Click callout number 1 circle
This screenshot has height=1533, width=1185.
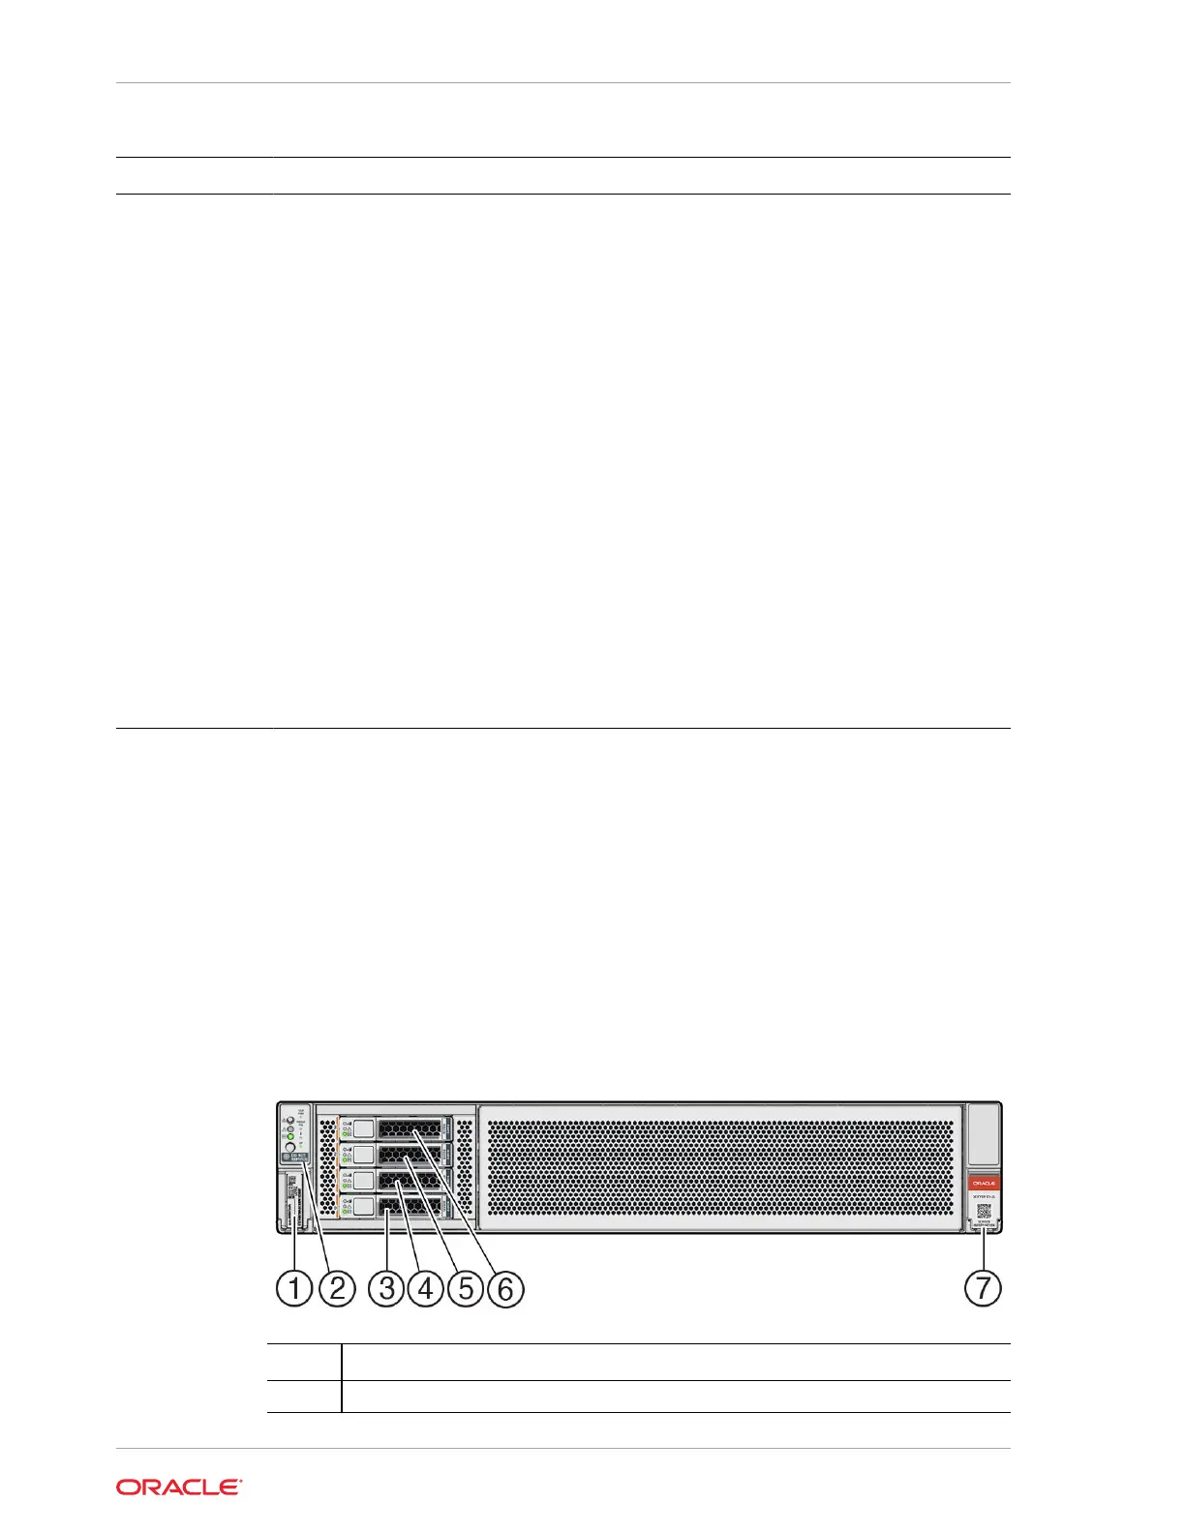[294, 1288]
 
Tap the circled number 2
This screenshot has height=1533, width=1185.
[337, 1288]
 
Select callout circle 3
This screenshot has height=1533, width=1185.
[386, 1288]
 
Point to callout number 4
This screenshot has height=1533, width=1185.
[425, 1288]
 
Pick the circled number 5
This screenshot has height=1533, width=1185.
[466, 1288]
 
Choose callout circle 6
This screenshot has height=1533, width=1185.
[505, 1288]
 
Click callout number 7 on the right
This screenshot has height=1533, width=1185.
[983, 1287]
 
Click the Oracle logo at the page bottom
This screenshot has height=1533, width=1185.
[179, 1488]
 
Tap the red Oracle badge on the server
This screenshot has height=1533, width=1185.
[984, 1183]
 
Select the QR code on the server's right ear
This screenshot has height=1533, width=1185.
[984, 1211]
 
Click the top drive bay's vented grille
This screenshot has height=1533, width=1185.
[409, 1128]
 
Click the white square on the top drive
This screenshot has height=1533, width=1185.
[364, 1128]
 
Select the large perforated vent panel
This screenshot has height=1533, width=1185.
[721, 1168]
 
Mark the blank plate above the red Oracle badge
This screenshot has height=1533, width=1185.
[983, 1134]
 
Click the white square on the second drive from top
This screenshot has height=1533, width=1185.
[364, 1155]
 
